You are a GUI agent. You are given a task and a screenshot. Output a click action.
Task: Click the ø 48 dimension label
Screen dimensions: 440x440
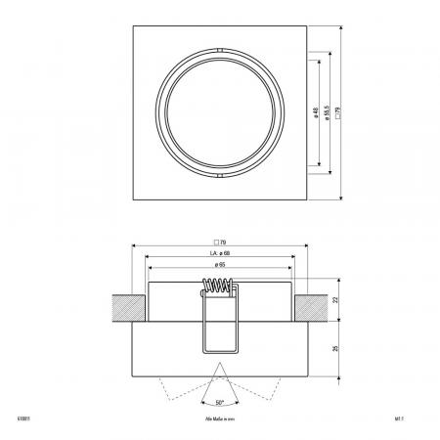(x=314, y=112)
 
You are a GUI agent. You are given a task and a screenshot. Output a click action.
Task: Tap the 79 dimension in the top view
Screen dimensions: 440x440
(x=337, y=112)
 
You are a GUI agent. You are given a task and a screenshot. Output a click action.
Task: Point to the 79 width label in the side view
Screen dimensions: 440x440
(x=220, y=241)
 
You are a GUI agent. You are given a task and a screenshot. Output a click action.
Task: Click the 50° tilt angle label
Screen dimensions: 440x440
(x=220, y=402)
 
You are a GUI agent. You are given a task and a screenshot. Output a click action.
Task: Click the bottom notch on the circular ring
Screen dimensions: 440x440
(x=220, y=177)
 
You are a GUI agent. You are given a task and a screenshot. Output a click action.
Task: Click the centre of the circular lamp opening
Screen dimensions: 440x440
(x=220, y=111)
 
